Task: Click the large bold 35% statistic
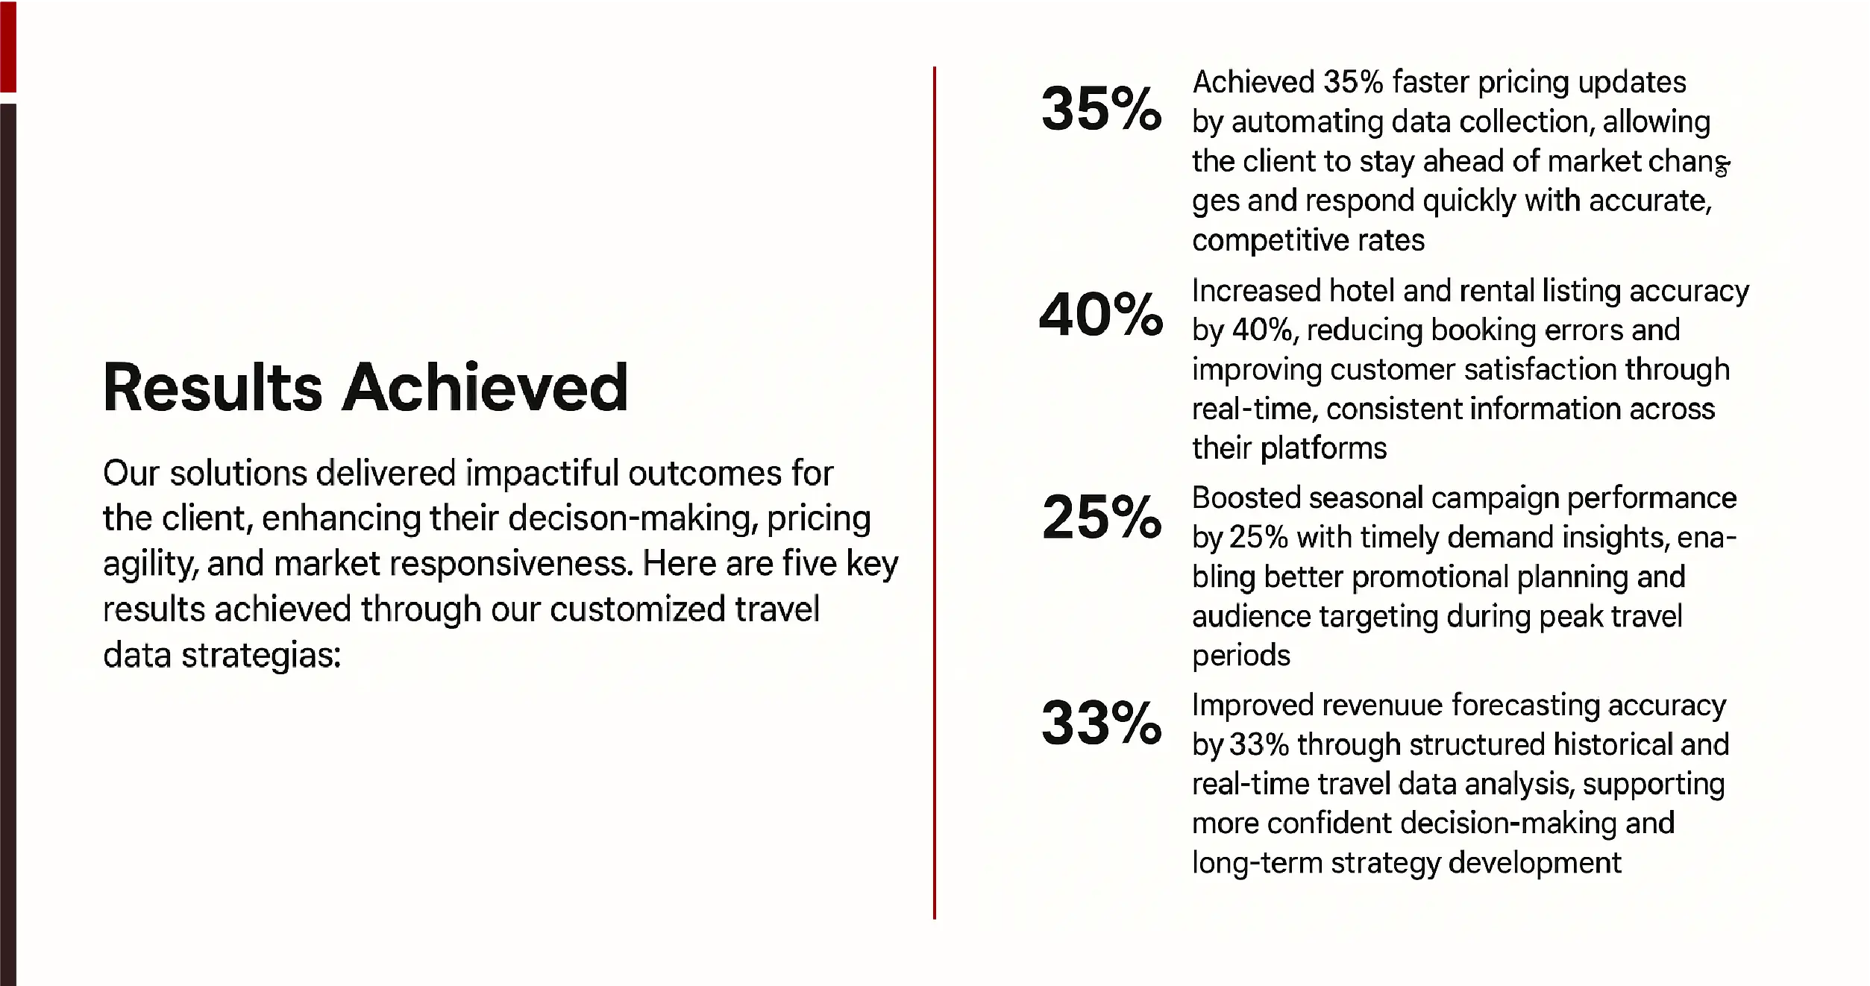click(1101, 109)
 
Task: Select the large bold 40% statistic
click(1101, 314)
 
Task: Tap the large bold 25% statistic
click(1102, 517)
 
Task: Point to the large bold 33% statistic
click(1102, 723)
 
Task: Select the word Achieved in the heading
click(485, 387)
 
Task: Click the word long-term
click(1257, 864)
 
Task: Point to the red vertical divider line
click(934, 493)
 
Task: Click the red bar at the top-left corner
click(8, 46)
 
